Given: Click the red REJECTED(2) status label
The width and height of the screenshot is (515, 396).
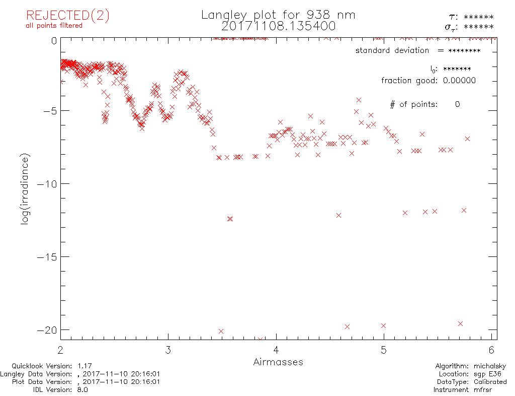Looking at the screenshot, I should pyautogui.click(x=67, y=15).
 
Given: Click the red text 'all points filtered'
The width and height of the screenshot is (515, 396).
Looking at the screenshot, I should pyautogui.click(x=54, y=26).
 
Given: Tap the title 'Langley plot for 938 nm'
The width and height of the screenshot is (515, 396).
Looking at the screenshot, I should pyautogui.click(x=278, y=15).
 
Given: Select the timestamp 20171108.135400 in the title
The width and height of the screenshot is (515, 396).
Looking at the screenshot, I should pyautogui.click(x=278, y=26).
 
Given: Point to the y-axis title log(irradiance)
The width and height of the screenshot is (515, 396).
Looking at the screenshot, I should pyautogui.click(x=25, y=189).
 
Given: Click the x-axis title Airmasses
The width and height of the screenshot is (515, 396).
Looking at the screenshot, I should pyautogui.click(x=278, y=362).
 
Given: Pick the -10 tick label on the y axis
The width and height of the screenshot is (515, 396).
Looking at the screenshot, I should pyautogui.click(x=46, y=183).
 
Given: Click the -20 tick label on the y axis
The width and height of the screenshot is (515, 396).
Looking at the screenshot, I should pyautogui.click(x=46, y=329).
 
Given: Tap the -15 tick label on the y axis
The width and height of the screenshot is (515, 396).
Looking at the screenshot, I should pyautogui.click(x=46, y=256).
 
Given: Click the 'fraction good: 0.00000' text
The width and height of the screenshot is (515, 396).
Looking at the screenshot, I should pyautogui.click(x=428, y=81).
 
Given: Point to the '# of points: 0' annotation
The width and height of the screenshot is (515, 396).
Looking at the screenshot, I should pyautogui.click(x=425, y=104).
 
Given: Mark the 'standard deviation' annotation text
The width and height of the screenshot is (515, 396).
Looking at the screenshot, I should pyautogui.click(x=392, y=50).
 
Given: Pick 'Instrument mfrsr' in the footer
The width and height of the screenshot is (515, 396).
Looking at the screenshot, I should pyautogui.click(x=469, y=389).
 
